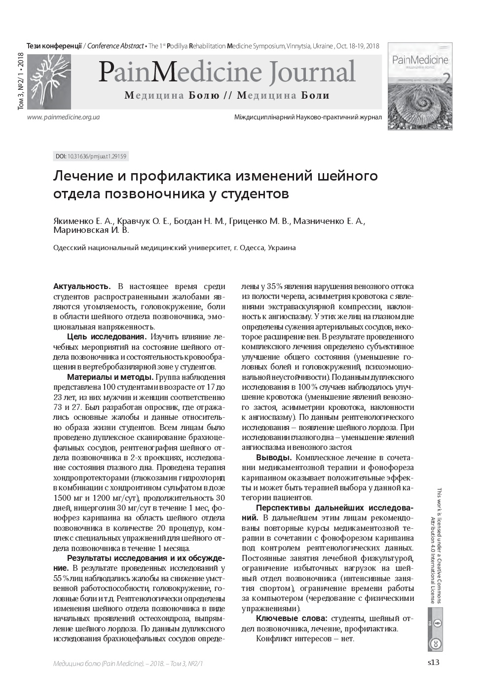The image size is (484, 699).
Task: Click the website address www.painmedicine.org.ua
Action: [x=64, y=117]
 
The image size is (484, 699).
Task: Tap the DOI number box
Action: [x=91, y=156]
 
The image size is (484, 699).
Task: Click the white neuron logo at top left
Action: [x=48, y=79]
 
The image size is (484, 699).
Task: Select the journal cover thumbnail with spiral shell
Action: [x=420, y=86]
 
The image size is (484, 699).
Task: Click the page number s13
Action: [x=433, y=662]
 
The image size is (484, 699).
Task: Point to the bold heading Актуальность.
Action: [x=81, y=286]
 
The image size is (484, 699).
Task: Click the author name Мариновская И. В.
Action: [x=91, y=230]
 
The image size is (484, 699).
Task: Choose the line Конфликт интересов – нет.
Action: [x=305, y=638]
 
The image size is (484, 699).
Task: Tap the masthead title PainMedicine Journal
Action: [x=226, y=72]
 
